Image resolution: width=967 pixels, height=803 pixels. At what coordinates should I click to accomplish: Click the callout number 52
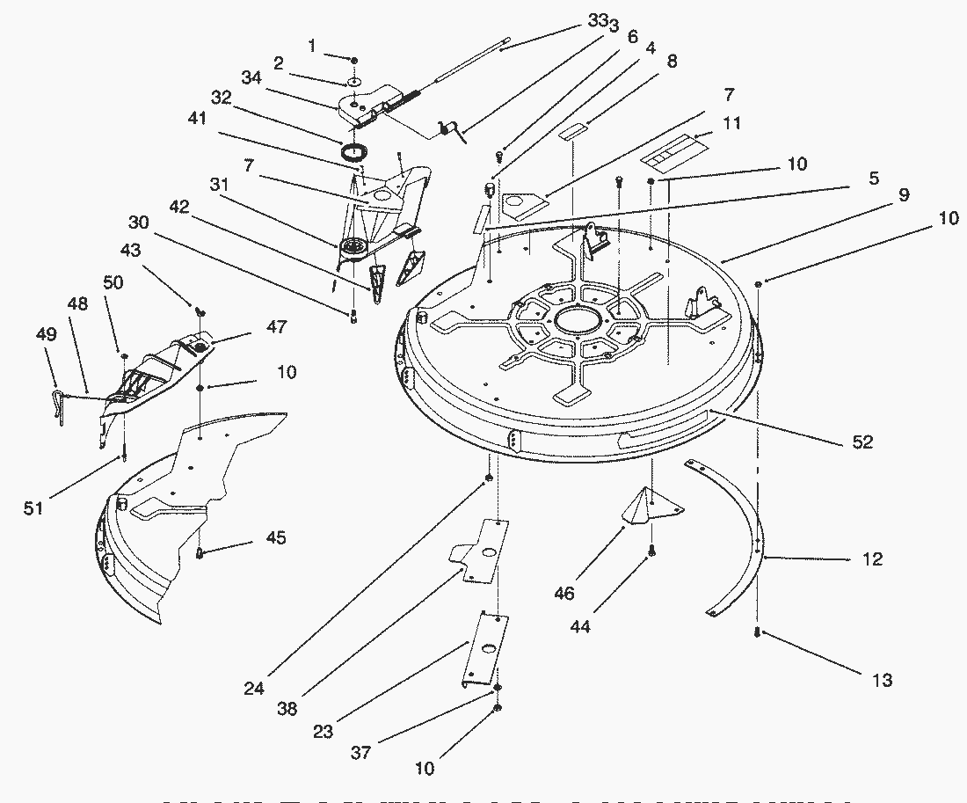[x=863, y=442]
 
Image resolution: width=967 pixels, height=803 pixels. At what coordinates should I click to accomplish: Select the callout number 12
[x=872, y=558]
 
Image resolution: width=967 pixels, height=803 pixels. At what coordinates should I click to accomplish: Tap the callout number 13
[x=882, y=679]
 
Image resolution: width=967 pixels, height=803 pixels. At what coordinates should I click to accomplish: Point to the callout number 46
[x=564, y=594]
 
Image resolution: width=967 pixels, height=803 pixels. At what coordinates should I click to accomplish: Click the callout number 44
[x=580, y=626]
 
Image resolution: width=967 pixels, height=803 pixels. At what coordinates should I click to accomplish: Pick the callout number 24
[x=253, y=689]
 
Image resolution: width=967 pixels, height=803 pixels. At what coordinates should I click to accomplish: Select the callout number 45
[x=275, y=537]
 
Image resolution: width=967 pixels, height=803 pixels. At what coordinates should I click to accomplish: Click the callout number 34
[x=251, y=77]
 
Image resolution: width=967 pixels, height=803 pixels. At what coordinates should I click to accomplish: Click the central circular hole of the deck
[x=573, y=319]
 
